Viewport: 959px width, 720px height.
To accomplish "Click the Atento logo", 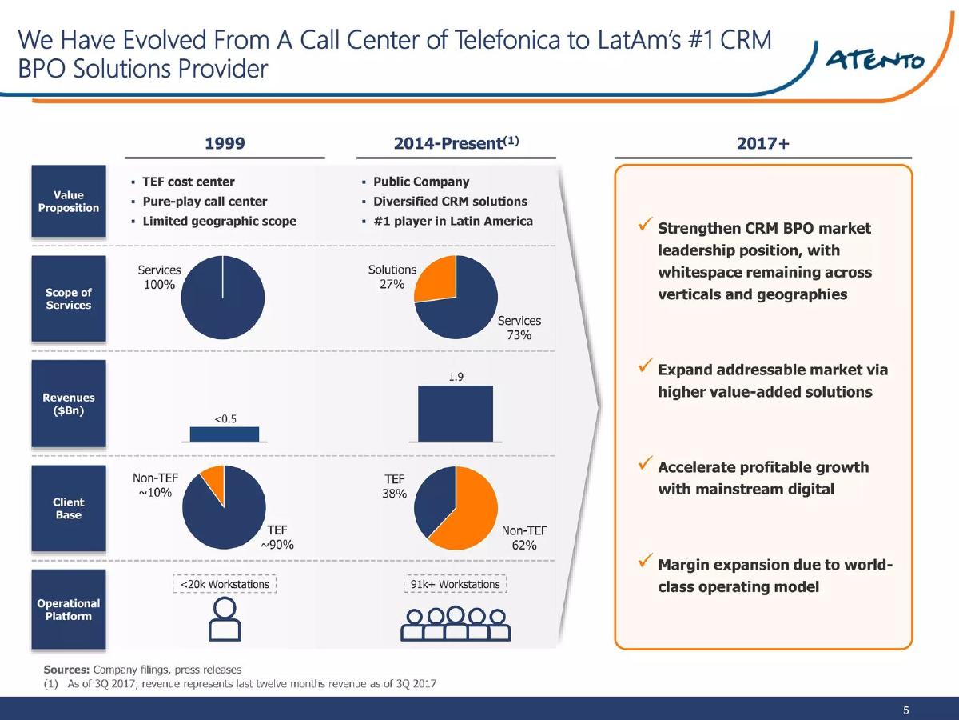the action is [x=874, y=60].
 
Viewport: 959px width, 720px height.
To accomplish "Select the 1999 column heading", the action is [x=225, y=143].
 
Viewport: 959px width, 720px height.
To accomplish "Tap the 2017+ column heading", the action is [x=763, y=143].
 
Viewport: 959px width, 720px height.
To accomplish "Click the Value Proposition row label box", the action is [x=69, y=201].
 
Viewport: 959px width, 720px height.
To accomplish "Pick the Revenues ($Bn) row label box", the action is [x=69, y=403].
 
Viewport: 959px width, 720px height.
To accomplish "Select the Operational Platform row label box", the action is [x=69, y=609].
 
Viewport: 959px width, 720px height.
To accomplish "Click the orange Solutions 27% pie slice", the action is [x=438, y=281].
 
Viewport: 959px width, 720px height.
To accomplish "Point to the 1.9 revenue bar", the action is [x=456, y=414].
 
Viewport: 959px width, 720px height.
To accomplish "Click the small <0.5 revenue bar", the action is [x=224, y=434].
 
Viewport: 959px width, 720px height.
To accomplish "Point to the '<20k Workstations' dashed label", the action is [x=225, y=584].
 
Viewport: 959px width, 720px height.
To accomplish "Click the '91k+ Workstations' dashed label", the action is [x=456, y=584].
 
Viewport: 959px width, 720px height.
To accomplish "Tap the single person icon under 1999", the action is [x=225, y=618].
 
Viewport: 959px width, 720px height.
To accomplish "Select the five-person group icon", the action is [x=456, y=623].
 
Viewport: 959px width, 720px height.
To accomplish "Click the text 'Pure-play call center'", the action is [x=205, y=202].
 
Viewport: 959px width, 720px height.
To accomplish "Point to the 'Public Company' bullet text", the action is [x=421, y=182].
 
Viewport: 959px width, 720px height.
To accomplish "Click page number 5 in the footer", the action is [x=905, y=710].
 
